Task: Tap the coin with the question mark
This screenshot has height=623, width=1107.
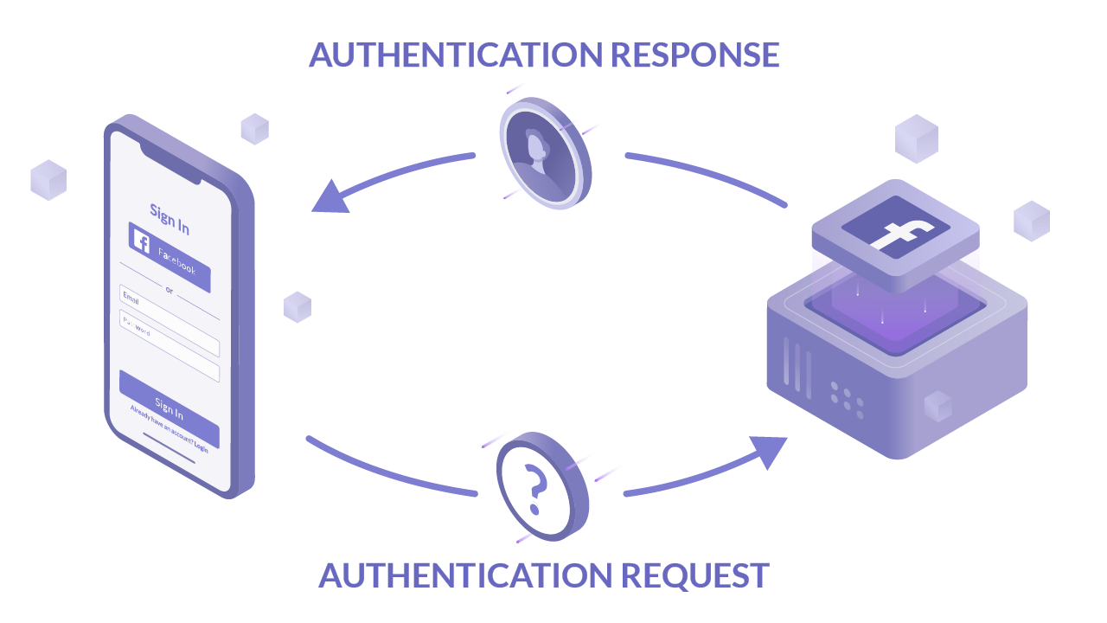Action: click(541, 487)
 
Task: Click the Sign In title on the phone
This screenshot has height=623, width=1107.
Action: click(170, 218)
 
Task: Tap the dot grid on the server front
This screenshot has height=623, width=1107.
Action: click(847, 399)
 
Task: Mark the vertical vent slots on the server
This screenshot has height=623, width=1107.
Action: click(797, 368)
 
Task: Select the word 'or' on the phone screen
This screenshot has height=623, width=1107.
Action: click(169, 289)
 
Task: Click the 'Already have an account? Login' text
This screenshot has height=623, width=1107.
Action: click(169, 427)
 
